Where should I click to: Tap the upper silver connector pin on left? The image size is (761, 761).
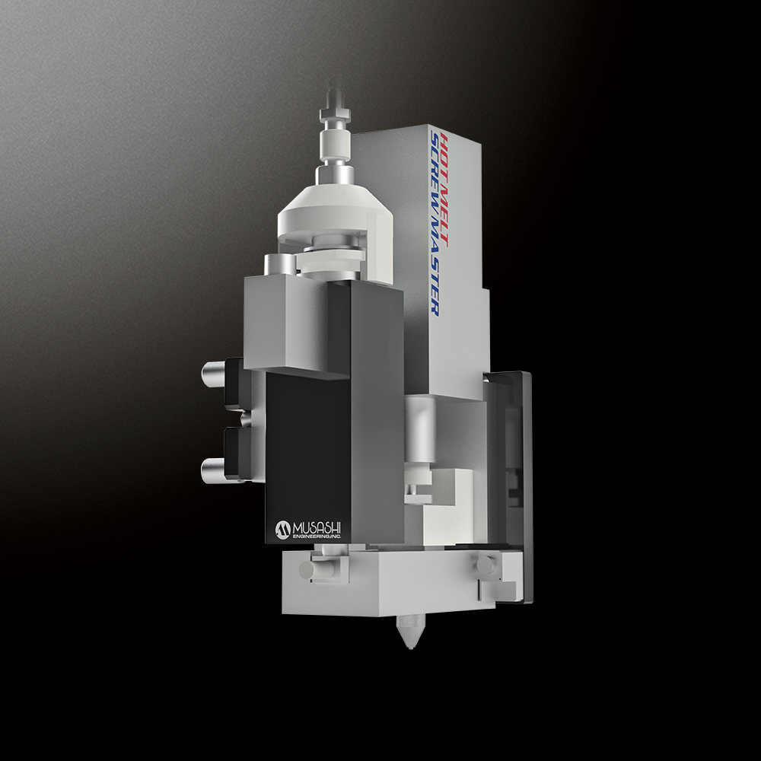(x=214, y=372)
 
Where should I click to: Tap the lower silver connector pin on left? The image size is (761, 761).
(x=214, y=466)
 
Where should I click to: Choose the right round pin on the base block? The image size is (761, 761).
(x=484, y=564)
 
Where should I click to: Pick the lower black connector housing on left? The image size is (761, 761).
(x=236, y=453)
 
